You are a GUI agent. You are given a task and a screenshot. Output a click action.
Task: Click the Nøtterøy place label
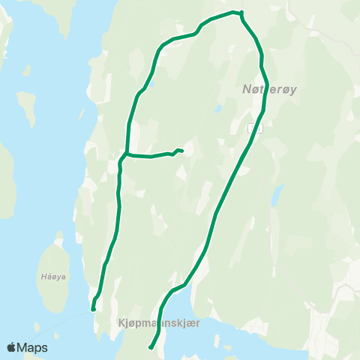(x=270, y=89)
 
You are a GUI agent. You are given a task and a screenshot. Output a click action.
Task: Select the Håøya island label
(x=53, y=276)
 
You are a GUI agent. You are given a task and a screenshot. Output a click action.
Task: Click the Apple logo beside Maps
(x=12, y=347)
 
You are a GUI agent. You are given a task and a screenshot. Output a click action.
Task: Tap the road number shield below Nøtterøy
(x=254, y=127)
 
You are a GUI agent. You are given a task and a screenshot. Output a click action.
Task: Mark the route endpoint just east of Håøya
(x=93, y=308)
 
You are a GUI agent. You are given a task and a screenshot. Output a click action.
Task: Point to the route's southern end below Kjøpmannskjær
(x=151, y=347)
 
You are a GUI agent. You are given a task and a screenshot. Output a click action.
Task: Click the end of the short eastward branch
(x=182, y=151)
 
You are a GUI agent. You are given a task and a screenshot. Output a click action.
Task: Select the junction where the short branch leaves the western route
(x=127, y=154)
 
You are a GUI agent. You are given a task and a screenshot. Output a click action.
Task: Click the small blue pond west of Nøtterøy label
(x=217, y=108)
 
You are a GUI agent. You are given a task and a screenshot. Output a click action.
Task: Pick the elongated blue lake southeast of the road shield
(x=277, y=196)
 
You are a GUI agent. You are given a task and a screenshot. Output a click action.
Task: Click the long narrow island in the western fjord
(x=27, y=109)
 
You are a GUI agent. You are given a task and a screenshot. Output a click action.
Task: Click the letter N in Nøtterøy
(x=247, y=89)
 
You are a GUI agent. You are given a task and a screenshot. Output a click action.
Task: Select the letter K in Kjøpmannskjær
(x=121, y=322)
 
